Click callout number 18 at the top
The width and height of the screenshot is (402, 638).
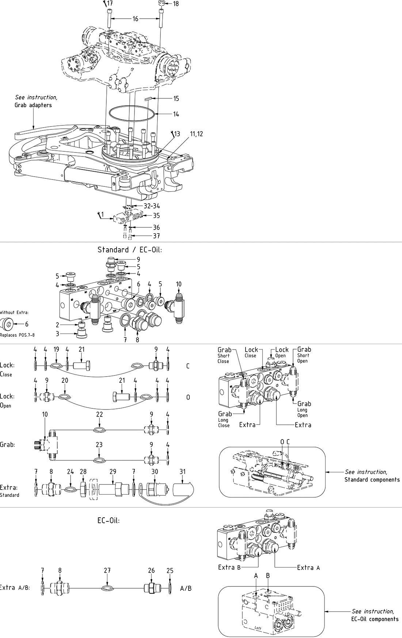pyautogui.click(x=176, y=4)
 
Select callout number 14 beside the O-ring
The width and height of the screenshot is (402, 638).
pyautogui.click(x=176, y=114)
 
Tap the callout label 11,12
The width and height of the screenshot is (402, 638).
pyautogui.click(x=196, y=134)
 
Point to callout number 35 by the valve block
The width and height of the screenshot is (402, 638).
pyautogui.click(x=156, y=215)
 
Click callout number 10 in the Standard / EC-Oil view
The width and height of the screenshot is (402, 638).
pyautogui.click(x=178, y=284)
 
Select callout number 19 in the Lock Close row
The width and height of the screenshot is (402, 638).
pyautogui.click(x=56, y=350)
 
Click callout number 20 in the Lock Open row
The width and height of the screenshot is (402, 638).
pyautogui.click(x=65, y=381)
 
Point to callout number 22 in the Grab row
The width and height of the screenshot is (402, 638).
pyautogui.click(x=99, y=414)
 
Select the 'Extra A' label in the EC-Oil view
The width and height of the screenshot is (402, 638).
pyautogui.click(x=308, y=568)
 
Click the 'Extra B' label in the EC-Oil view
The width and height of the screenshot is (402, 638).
pyautogui.click(x=229, y=568)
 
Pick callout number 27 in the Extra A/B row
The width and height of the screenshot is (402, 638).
pyautogui.click(x=107, y=571)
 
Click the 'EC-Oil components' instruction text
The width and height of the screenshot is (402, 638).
pyautogui.click(x=375, y=619)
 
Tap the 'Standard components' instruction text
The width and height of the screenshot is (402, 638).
pyautogui.click(x=372, y=480)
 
